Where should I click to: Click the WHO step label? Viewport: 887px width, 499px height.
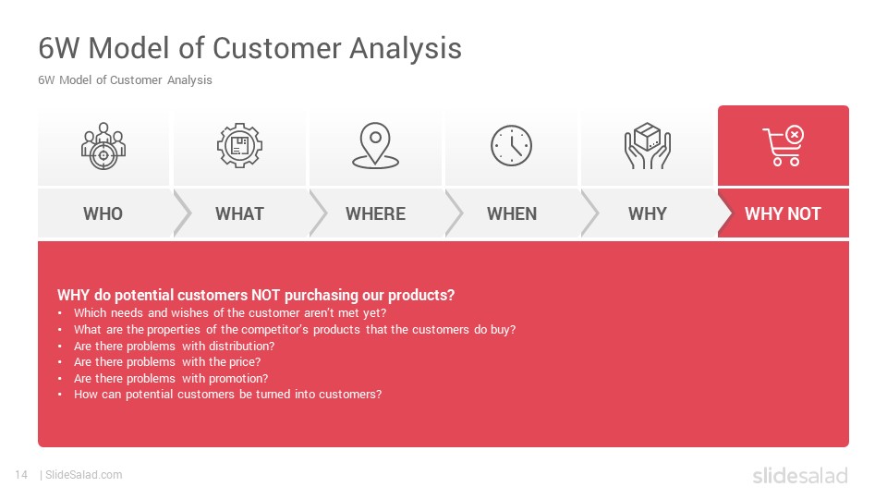click(x=103, y=213)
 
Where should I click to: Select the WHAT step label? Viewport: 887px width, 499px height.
click(x=239, y=213)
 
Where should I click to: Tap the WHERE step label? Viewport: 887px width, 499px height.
click(x=376, y=213)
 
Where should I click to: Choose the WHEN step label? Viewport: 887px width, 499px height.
click(x=512, y=213)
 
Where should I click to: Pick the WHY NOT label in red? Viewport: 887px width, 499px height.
click(x=783, y=213)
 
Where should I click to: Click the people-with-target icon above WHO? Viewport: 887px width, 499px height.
click(x=103, y=146)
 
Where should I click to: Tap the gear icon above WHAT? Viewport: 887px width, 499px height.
click(x=239, y=145)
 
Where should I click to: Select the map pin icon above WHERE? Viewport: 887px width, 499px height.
click(x=376, y=145)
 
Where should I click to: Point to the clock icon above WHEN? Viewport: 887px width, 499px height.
click(x=511, y=145)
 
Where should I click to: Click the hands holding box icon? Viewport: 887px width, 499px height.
click(x=647, y=146)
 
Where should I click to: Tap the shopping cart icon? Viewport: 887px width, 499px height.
click(x=784, y=145)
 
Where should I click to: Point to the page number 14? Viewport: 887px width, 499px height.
click(x=21, y=475)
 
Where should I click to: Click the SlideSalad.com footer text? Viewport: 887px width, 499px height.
click(x=84, y=475)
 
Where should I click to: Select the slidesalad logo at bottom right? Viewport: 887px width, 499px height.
click(x=800, y=475)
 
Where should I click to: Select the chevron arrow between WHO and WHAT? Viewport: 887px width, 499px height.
click(x=182, y=213)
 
